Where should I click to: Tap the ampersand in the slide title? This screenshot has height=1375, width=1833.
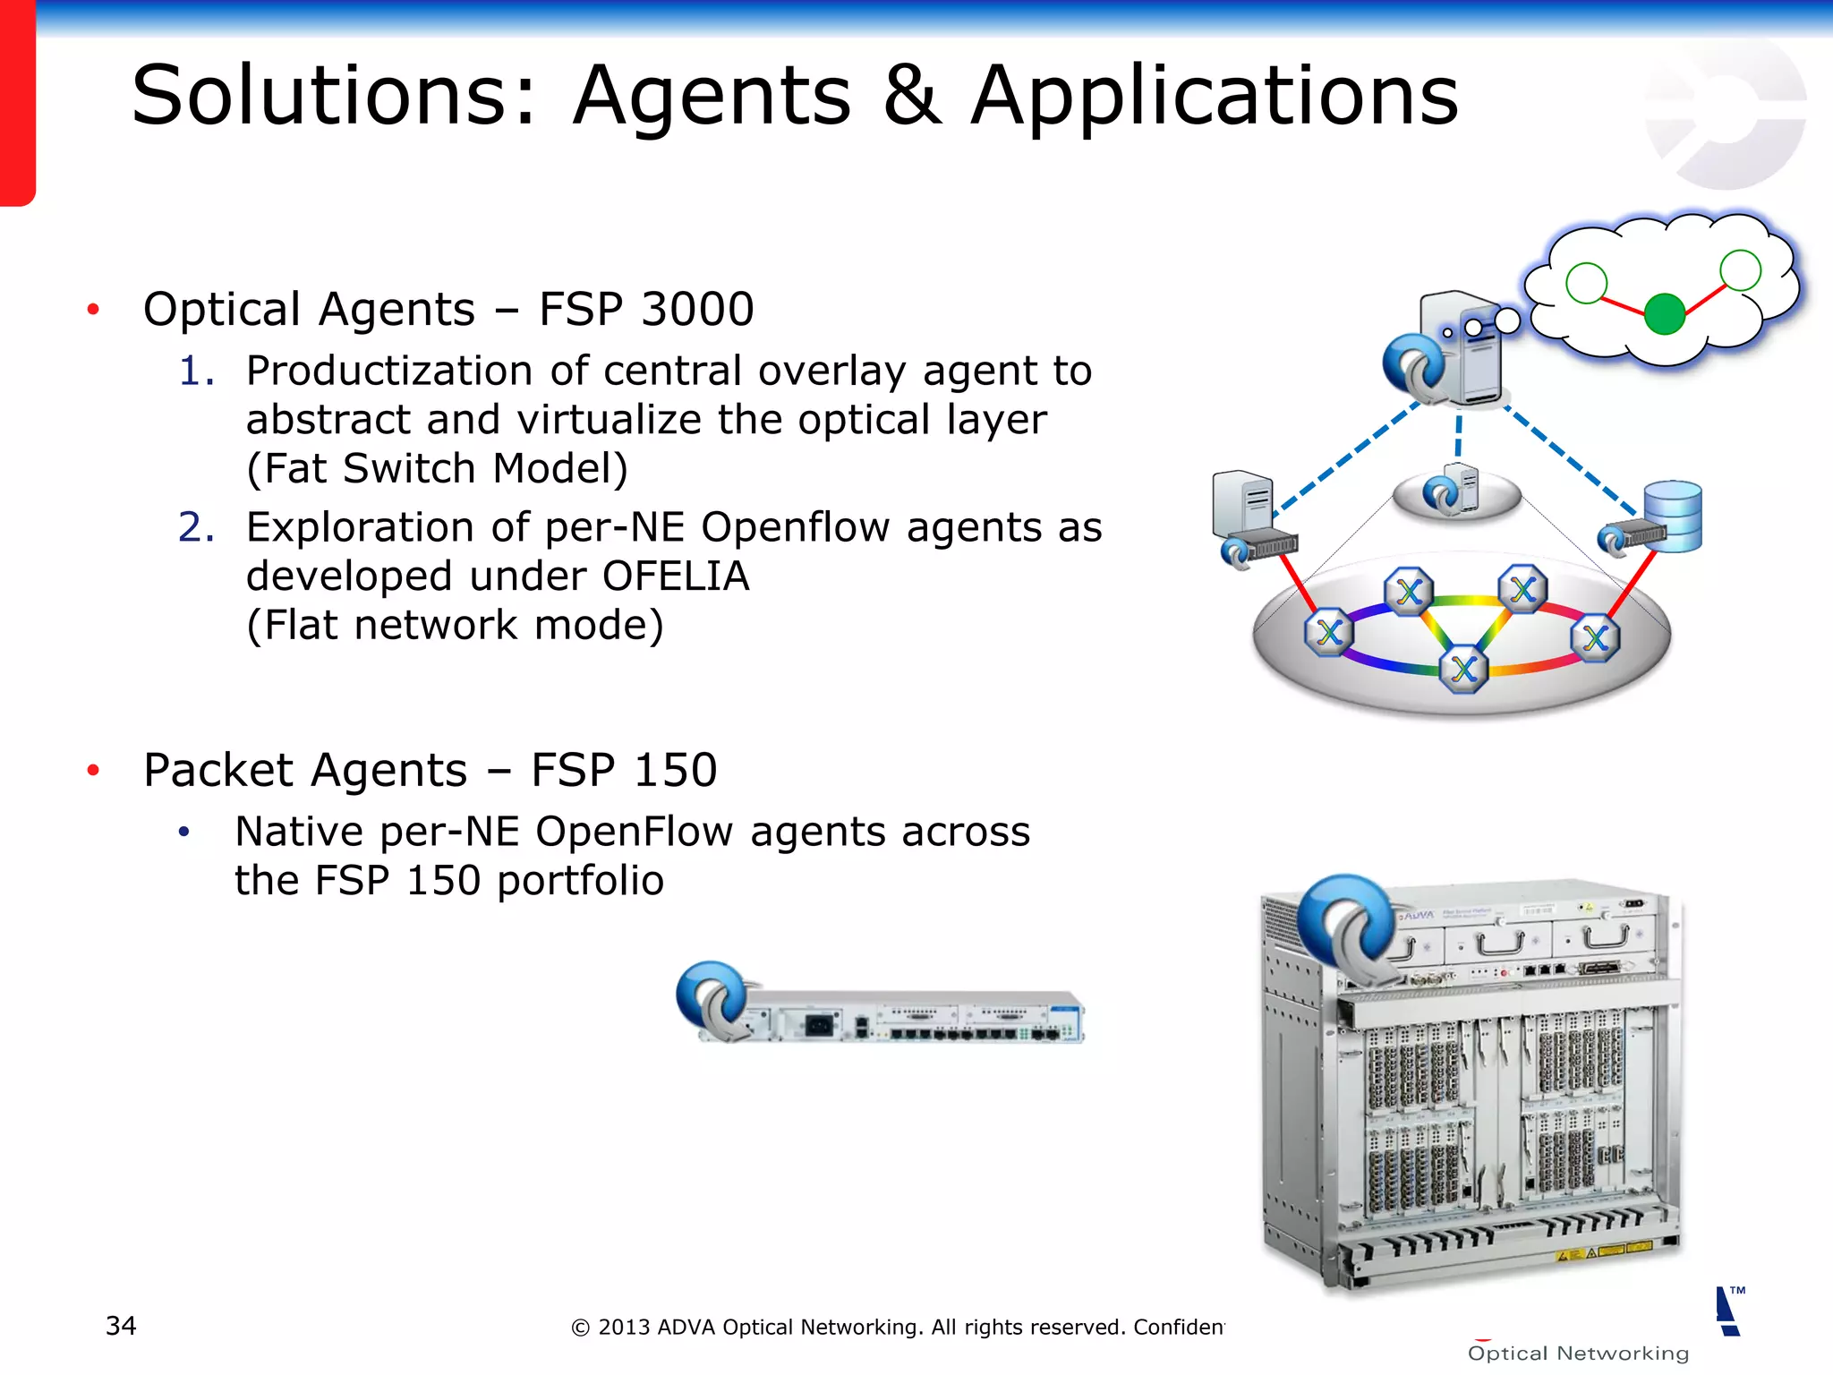911,96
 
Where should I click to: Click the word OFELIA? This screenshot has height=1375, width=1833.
676,576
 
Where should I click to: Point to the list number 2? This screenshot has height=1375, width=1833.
195,527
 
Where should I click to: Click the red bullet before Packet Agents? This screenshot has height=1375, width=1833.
93,771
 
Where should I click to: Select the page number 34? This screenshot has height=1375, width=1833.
121,1325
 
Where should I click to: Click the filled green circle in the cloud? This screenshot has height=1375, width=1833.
1665,314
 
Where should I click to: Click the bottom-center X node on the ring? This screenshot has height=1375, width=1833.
1464,669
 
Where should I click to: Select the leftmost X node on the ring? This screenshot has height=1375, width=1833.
1329,632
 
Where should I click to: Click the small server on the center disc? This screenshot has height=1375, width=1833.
1464,488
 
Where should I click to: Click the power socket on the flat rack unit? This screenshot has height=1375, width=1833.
818,1023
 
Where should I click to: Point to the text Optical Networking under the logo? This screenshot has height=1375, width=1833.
1578,1354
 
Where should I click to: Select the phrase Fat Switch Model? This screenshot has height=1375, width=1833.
438,469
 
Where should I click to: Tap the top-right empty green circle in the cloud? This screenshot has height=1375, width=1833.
1740,270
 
